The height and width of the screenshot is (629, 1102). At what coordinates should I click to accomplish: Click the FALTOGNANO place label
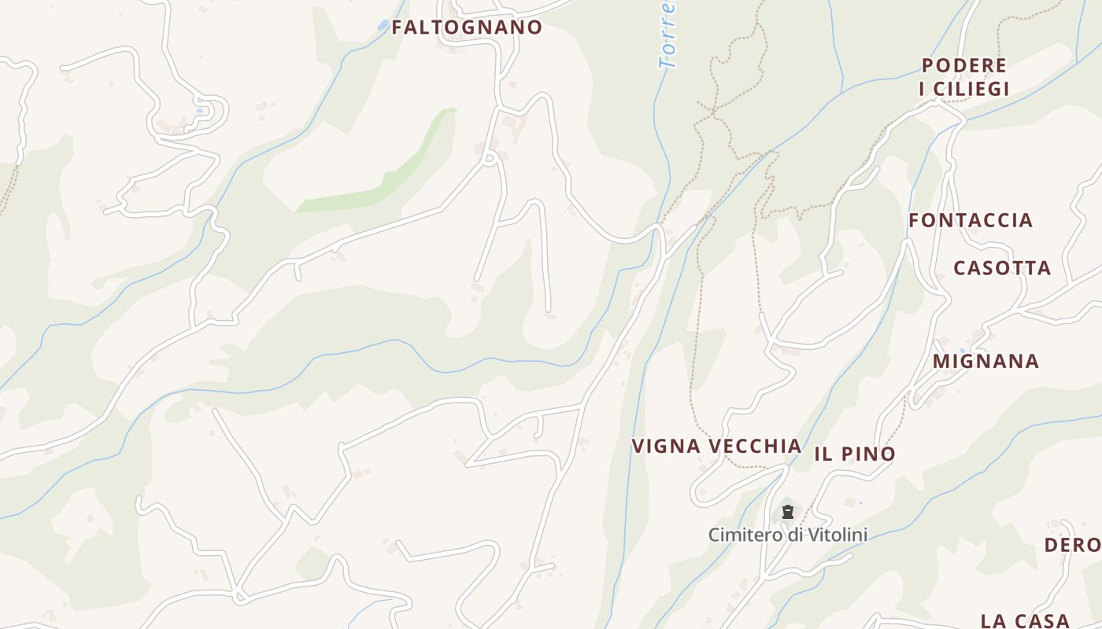pyautogui.click(x=467, y=28)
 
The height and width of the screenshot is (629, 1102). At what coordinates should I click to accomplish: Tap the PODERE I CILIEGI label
pyautogui.click(x=964, y=77)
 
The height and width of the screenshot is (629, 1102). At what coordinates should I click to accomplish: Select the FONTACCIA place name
pyautogui.click(x=971, y=220)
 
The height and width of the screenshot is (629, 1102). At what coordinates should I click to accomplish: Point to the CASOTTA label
pyautogui.click(x=1002, y=268)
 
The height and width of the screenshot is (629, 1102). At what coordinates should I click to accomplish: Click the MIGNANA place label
pyautogui.click(x=986, y=362)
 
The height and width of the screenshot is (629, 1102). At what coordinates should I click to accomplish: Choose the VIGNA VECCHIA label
pyautogui.click(x=716, y=447)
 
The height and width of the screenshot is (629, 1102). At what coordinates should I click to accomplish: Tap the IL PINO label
pyautogui.click(x=855, y=454)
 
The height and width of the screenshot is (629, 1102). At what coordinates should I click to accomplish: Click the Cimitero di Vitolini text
pyautogui.click(x=787, y=535)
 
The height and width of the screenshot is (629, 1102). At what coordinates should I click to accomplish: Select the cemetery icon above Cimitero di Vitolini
pyautogui.click(x=787, y=513)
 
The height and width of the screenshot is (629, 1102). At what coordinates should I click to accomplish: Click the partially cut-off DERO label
pyautogui.click(x=1072, y=545)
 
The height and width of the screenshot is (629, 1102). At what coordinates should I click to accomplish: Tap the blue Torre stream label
pyautogui.click(x=667, y=35)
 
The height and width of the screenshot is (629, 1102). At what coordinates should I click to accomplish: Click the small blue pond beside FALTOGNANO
pyautogui.click(x=383, y=25)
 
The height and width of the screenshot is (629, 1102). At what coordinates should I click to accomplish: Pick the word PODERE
pyautogui.click(x=964, y=65)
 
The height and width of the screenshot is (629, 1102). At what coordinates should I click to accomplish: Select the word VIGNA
pyautogui.click(x=666, y=447)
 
